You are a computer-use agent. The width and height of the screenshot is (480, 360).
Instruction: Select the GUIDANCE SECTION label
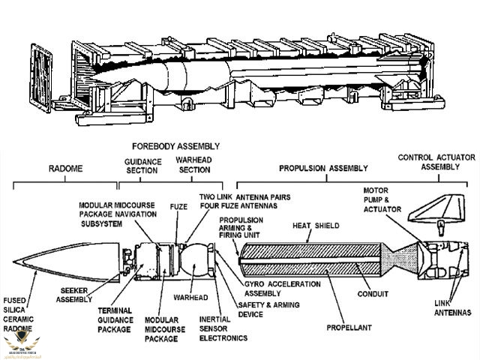[142, 166]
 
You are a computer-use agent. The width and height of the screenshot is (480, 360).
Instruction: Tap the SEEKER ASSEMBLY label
[80, 295]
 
